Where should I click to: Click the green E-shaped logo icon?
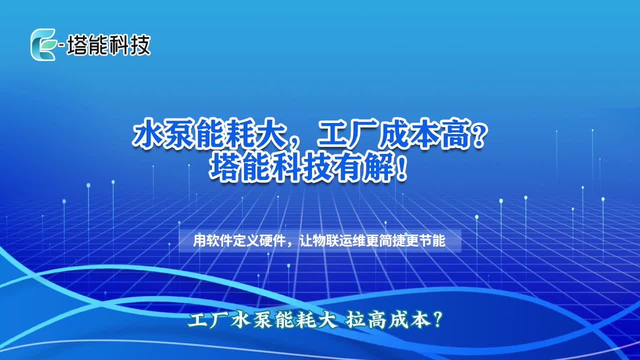[43, 44]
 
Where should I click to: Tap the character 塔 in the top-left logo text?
[77, 45]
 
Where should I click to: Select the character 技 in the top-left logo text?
[140, 45]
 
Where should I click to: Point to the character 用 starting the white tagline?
[199, 240]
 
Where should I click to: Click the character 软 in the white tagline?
[212, 240]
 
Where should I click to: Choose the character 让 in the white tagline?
[305, 240]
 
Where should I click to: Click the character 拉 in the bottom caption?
[354, 320]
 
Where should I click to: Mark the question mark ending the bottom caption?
[437, 320]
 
